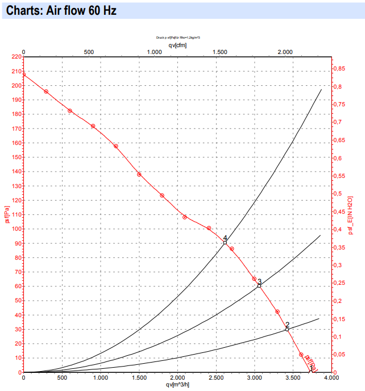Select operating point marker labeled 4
pos(225,243)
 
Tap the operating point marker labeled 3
pos(259,285)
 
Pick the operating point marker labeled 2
pos(287,329)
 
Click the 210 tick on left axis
pos(16,71)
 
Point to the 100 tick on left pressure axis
pos(16,229)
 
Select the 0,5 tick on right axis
pos(337,194)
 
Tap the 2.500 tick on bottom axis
pos(216,378)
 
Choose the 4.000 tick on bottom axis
pos(331,378)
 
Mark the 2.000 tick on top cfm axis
pos(286,52)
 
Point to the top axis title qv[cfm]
pos(177,45)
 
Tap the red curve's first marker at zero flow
pos(23,74)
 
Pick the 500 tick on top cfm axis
pos(89,52)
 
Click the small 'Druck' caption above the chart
pos(178,38)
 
